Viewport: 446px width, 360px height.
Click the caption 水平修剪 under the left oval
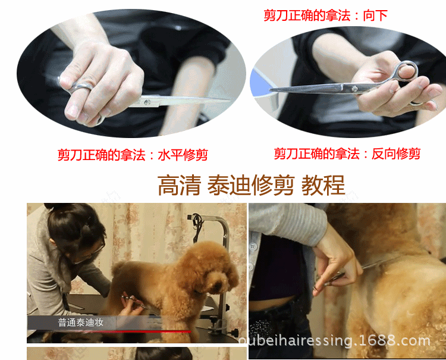(183, 155)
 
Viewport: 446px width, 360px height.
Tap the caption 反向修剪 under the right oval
(396, 154)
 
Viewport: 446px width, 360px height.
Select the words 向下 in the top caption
(375, 15)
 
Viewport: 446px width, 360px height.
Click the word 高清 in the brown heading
(179, 185)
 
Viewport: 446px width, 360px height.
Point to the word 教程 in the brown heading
(323, 185)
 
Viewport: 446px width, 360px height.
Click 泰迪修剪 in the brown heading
(250, 185)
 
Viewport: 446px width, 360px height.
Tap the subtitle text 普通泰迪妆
(80, 323)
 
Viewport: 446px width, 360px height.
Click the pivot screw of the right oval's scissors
(354, 89)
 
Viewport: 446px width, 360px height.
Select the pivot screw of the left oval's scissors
(146, 102)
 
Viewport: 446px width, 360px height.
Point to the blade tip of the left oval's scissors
(230, 99)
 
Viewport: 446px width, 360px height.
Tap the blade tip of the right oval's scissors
(271, 90)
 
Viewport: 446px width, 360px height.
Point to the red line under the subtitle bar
(109, 331)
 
